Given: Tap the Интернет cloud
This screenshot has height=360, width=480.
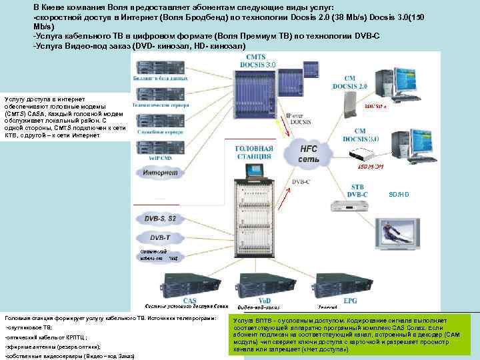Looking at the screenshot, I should (x=159, y=173).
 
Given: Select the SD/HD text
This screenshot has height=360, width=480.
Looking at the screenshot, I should (x=399, y=194).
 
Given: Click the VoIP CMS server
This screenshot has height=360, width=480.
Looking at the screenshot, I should (x=159, y=147).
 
